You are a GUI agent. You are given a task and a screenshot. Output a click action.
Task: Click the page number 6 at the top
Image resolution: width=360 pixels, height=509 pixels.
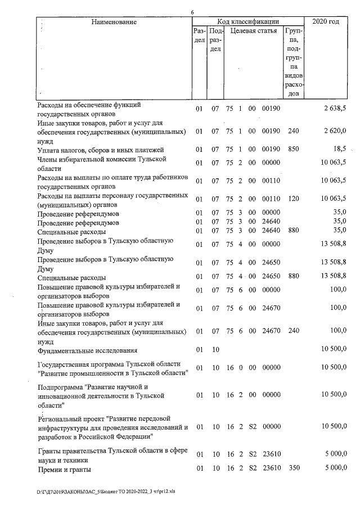pyautogui.click(x=192, y=12)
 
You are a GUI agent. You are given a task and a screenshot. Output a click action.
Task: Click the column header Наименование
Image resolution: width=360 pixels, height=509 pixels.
pyautogui.click(x=114, y=22)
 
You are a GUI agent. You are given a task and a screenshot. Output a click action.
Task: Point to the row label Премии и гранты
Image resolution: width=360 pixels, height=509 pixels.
pyautogui.click(x=64, y=469)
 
